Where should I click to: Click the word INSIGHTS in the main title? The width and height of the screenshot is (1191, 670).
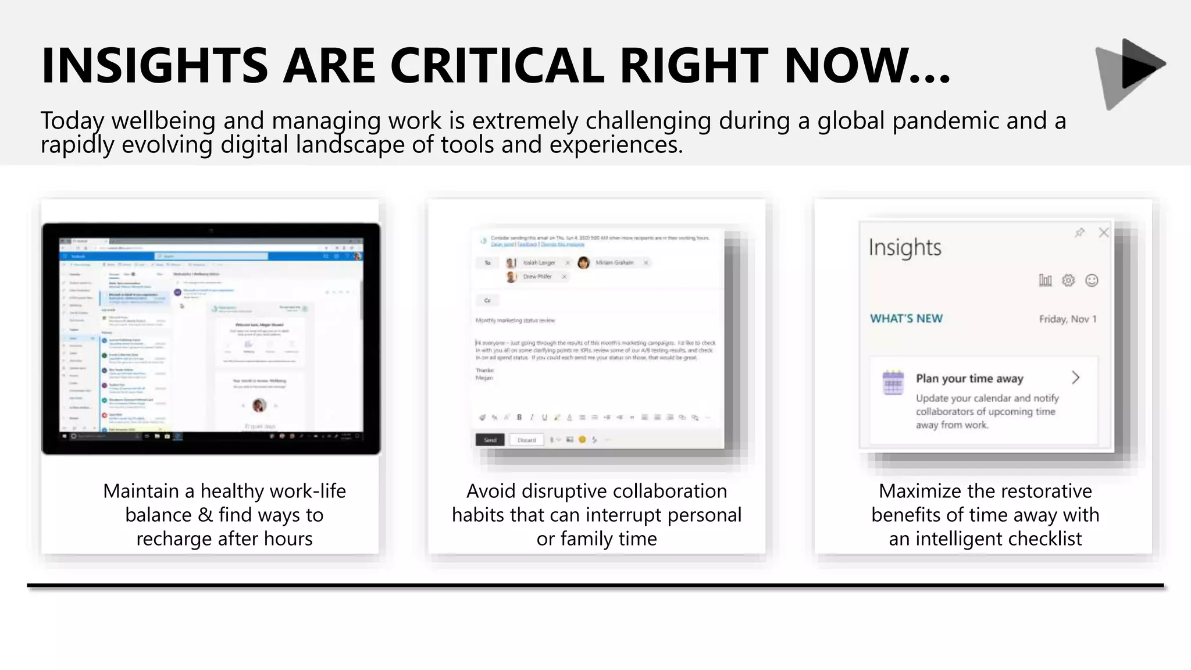point(155,65)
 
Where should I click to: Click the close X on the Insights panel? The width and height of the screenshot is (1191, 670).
point(1103,233)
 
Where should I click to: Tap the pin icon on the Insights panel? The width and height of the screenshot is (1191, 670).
point(1079,233)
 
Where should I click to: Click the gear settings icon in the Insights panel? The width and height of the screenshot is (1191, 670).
point(1068,280)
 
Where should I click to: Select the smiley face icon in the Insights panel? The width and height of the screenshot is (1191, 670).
point(1092,280)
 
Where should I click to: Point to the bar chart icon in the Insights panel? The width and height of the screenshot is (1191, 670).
point(1045,280)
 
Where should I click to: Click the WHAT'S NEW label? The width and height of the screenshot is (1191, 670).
point(906,319)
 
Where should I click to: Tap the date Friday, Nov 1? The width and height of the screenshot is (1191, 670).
point(1067,319)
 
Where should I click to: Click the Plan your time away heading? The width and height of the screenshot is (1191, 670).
point(969,379)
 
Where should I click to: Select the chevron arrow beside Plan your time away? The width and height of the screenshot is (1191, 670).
point(1076,378)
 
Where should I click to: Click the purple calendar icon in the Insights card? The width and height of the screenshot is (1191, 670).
point(893,382)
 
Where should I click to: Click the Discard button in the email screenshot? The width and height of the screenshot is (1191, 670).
point(526,440)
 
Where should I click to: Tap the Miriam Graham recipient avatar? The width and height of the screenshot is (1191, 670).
point(583,263)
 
